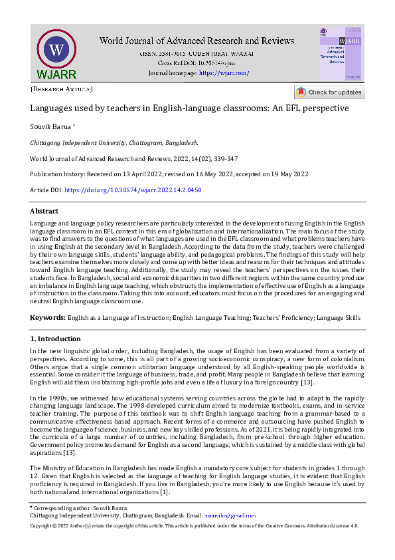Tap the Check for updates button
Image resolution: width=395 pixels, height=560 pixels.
(x=329, y=92)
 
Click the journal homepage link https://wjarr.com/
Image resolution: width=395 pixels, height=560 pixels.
(x=224, y=72)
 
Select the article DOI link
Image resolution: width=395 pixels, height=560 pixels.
(x=133, y=190)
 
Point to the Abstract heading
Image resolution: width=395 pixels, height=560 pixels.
(x=44, y=211)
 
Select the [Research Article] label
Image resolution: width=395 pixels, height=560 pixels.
(x=62, y=88)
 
